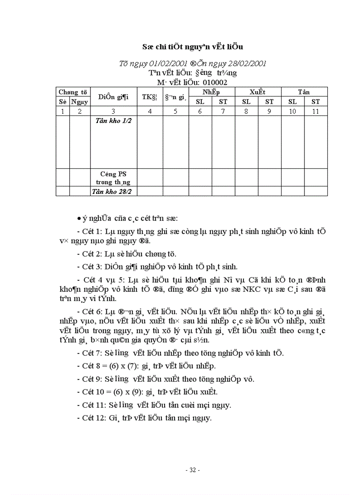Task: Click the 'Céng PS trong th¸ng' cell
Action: tap(113, 178)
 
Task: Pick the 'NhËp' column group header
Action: tap(211, 92)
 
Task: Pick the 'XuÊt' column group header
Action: tap(258, 92)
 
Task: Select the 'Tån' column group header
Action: tap(304, 92)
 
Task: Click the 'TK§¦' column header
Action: tap(150, 97)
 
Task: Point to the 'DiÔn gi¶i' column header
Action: tap(113, 97)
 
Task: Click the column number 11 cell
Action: tap(316, 112)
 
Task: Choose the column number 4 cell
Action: tap(150, 112)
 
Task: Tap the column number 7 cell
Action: tap(223, 112)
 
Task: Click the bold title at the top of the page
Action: tap(193, 47)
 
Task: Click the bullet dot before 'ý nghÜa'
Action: tap(79, 219)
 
